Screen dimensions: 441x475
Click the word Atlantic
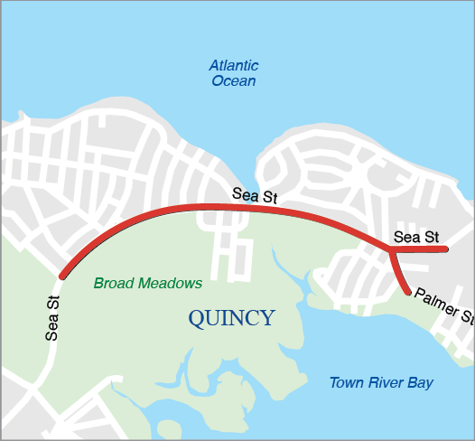click(234, 66)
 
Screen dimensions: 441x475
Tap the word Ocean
click(234, 81)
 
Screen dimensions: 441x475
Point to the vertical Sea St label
click(52, 318)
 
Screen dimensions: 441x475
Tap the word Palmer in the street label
click(435, 305)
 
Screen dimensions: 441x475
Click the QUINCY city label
click(231, 318)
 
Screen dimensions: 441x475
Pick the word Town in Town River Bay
click(346, 383)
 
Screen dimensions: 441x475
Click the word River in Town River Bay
click(387, 383)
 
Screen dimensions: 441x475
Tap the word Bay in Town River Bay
click(421, 383)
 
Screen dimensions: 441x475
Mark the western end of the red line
click(62, 275)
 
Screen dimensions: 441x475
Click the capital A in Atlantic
click(214, 66)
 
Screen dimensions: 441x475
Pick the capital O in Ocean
click(218, 81)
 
